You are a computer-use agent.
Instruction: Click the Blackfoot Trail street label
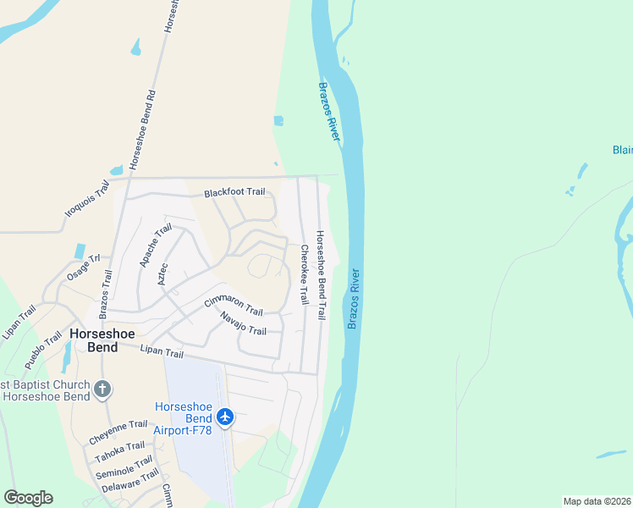click(x=234, y=193)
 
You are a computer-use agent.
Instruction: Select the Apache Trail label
click(x=156, y=246)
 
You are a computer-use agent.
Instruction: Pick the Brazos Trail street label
click(x=105, y=294)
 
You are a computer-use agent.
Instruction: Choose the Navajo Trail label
click(x=243, y=323)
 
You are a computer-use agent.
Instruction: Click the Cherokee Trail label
click(x=304, y=275)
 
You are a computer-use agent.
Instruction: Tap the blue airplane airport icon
click(x=224, y=417)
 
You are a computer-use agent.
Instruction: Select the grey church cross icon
click(x=102, y=389)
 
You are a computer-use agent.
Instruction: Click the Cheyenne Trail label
click(x=118, y=433)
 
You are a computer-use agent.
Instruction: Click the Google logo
click(x=28, y=498)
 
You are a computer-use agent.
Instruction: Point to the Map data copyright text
click(x=597, y=501)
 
